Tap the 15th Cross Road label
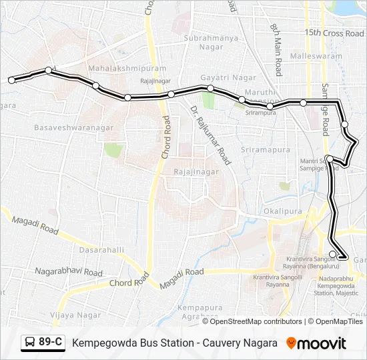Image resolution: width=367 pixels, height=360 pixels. pyautogui.click(x=334, y=33)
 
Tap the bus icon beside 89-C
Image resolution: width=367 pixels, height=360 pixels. pyautogui.click(x=31, y=343)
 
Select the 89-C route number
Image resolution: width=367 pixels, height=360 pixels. pyautogui.click(x=51, y=343)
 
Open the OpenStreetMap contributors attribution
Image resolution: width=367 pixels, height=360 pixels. pyautogui.click(x=256, y=321)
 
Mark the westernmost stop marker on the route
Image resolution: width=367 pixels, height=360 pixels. pyautogui.click(x=11, y=80)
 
